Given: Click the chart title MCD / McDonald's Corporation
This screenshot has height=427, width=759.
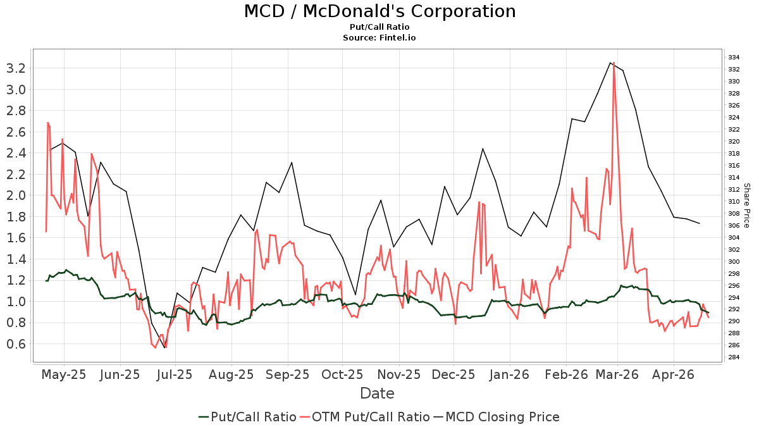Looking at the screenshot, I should point(379,11).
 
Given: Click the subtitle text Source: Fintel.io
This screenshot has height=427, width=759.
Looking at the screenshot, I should point(379,38).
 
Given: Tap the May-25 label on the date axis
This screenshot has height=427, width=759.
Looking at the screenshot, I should point(63,374).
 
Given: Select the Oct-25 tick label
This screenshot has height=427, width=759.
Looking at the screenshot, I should point(342,374).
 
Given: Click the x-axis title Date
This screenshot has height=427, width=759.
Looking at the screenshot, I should point(377,393).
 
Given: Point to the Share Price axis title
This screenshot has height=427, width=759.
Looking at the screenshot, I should point(746,206).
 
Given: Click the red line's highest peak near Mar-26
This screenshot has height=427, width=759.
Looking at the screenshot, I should point(614,63).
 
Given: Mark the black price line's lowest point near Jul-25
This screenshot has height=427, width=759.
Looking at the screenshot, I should point(164,348).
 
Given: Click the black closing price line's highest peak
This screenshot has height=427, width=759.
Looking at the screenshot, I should point(610,63).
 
